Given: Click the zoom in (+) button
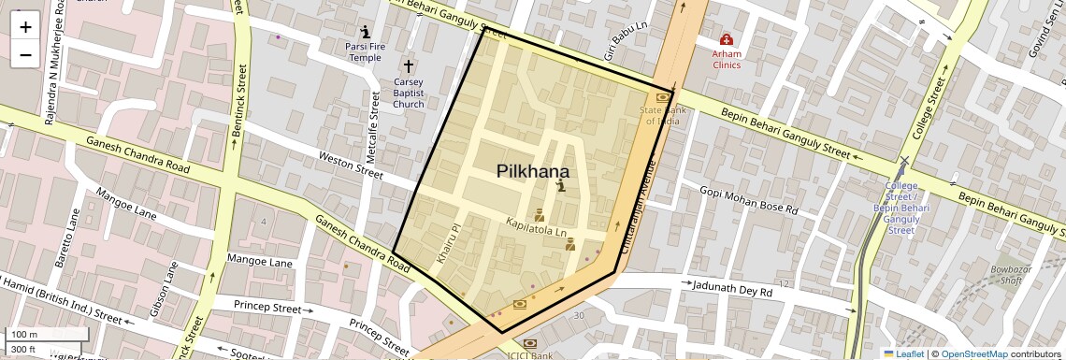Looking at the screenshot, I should [25, 27].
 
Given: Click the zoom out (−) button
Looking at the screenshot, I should [25, 55].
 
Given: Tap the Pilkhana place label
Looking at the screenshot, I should [533, 171].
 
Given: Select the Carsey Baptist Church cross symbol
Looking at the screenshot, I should [408, 66].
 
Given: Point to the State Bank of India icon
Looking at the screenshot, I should [663, 96].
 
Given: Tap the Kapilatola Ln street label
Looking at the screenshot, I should [536, 226].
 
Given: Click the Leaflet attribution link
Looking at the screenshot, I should [903, 353].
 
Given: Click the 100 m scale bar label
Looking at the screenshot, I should [24, 335].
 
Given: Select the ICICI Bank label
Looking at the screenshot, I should [530, 355].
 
